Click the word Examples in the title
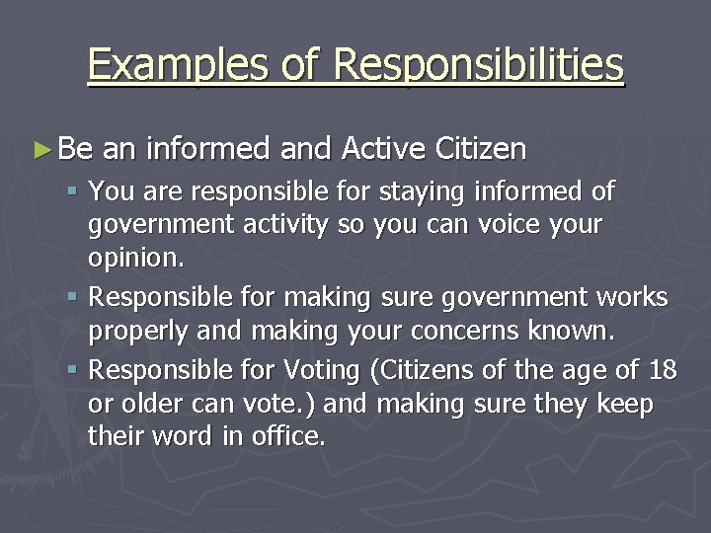point(156,65)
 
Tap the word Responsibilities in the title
point(480,65)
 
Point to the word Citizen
point(481,149)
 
